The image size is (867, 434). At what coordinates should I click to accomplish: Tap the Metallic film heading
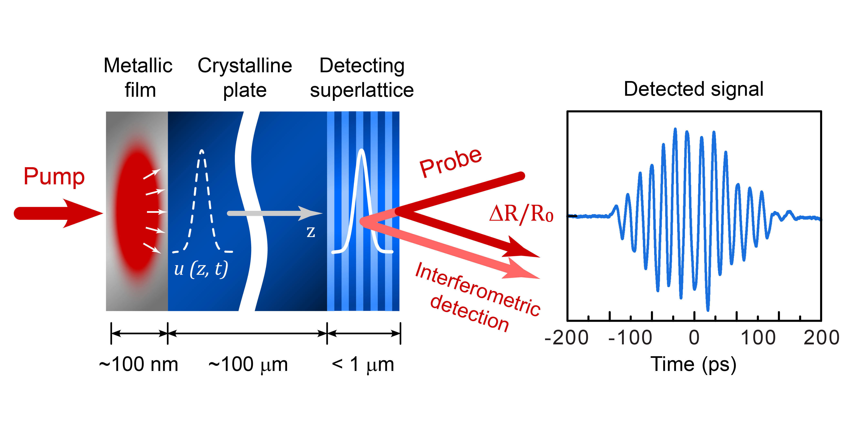(138, 78)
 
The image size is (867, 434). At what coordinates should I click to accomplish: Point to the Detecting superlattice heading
(362, 78)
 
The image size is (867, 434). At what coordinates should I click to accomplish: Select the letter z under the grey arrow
(311, 232)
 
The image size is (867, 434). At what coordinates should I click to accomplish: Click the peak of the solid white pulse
(362, 151)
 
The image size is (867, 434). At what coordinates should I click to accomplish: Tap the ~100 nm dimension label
(138, 365)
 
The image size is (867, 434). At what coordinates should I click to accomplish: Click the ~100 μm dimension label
(248, 365)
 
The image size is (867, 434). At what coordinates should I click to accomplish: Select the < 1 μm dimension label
(363, 365)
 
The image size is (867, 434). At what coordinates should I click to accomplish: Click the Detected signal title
(693, 89)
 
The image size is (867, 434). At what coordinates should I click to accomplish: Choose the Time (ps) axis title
(693, 365)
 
